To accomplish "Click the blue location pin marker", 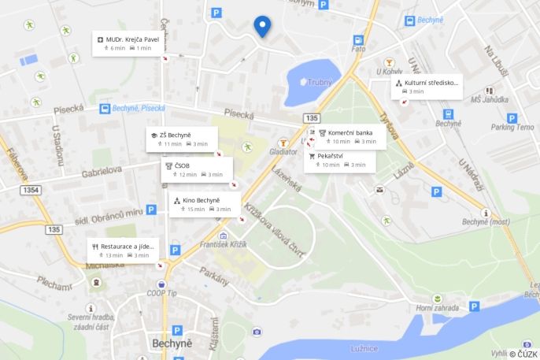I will [x=263, y=27].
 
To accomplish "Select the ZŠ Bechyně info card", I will [x=180, y=139].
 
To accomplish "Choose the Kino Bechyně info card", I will [x=205, y=204].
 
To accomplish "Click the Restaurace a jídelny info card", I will [x=123, y=250].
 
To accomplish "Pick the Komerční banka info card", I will [x=346, y=137].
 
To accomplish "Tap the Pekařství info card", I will [x=339, y=160].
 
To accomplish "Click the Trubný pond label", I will [x=319, y=82].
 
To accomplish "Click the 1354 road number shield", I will [x=31, y=190].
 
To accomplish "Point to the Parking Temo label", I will [x=512, y=127].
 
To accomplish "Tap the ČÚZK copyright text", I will [x=523, y=354].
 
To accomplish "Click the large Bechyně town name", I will [x=172, y=344].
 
